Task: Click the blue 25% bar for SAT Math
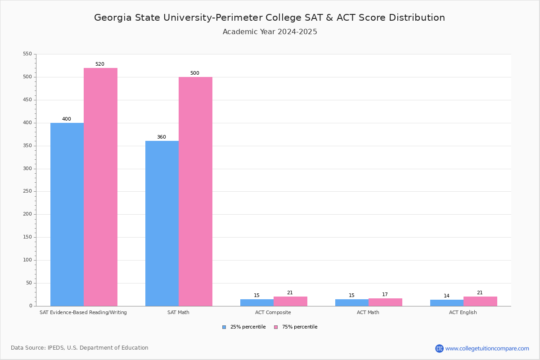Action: click(162, 223)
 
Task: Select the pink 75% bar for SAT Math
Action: click(195, 191)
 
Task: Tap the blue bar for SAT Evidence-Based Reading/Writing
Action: click(67, 214)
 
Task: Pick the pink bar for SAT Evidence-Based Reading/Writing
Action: click(100, 187)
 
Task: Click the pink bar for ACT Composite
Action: click(290, 301)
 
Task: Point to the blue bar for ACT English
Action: click(447, 303)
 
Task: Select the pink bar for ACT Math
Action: click(385, 302)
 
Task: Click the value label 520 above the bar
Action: click(99, 64)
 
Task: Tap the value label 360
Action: click(161, 137)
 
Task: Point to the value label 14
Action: click(446, 296)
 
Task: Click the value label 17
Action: click(385, 295)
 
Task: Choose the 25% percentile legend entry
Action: click(244, 327)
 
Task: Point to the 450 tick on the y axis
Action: click(27, 100)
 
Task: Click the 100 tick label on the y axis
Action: click(27, 260)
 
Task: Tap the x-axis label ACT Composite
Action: click(273, 312)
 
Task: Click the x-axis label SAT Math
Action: click(178, 312)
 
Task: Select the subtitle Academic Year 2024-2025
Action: click(270, 32)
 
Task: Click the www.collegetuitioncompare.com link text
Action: click(487, 348)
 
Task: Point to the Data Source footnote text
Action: click(80, 348)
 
